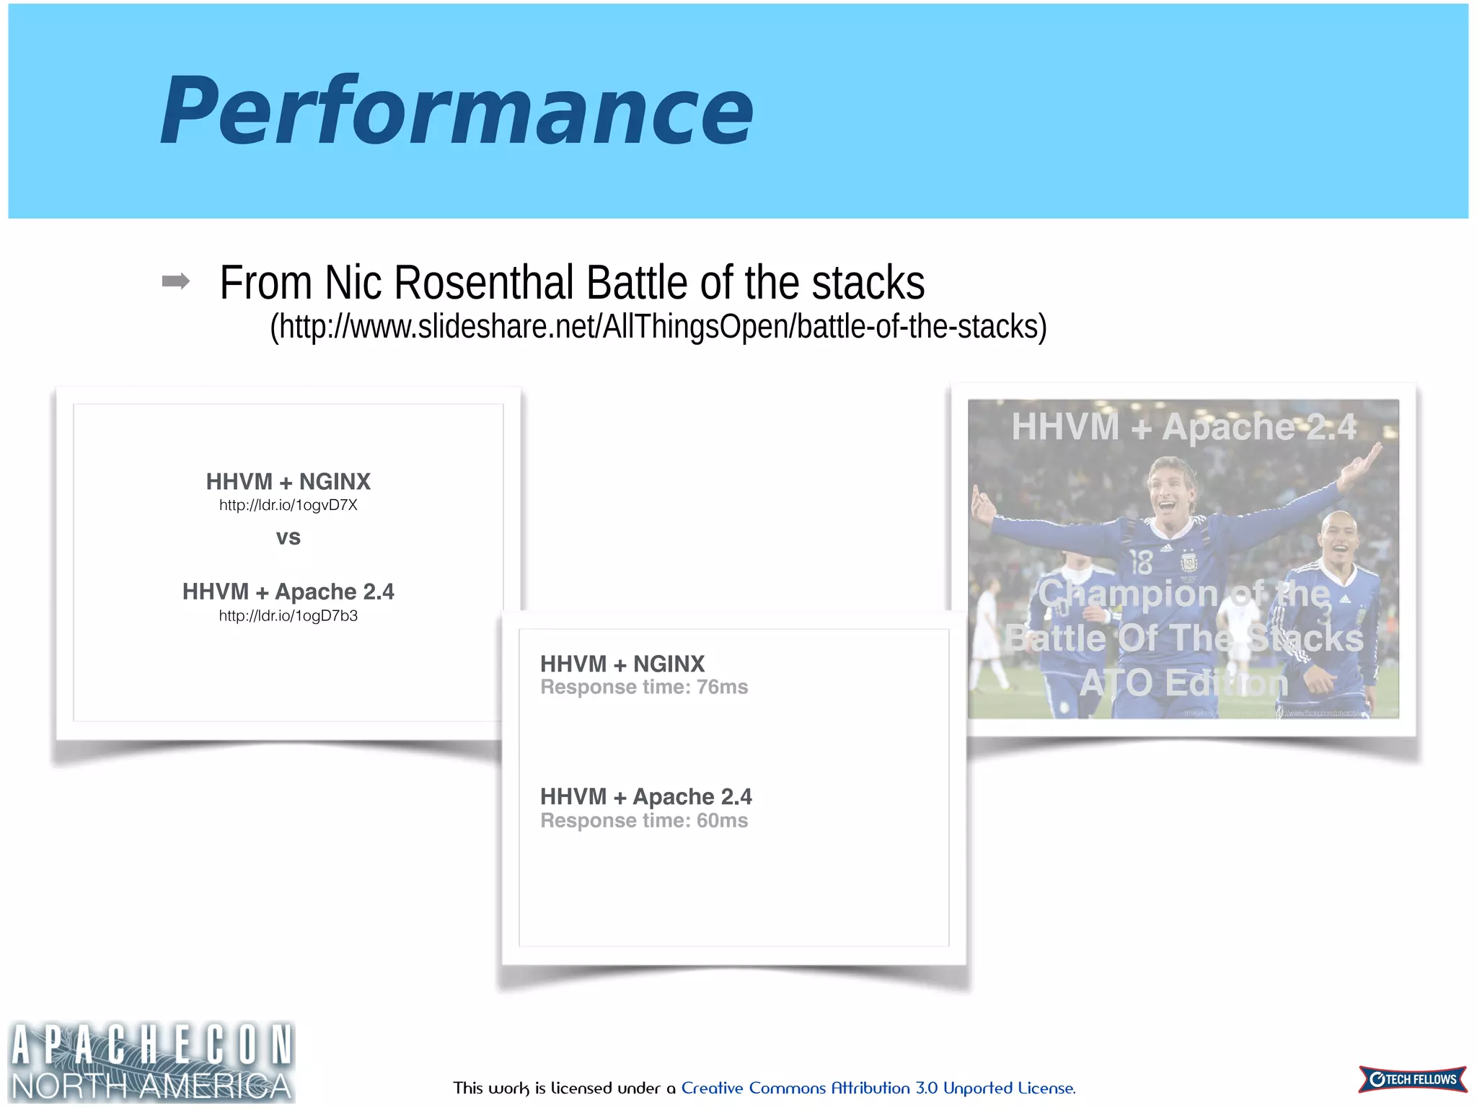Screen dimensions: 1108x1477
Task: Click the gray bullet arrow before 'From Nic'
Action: click(x=176, y=281)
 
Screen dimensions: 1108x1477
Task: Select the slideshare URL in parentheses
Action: click(x=658, y=327)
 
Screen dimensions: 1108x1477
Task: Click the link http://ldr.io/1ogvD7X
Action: click(x=288, y=505)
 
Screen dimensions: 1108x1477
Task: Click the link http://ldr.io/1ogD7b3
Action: click(x=288, y=616)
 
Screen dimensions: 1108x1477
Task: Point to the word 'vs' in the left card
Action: click(x=288, y=537)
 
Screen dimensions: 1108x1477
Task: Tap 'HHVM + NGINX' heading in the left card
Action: click(x=288, y=481)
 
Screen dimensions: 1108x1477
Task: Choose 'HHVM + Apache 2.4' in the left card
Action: click(x=288, y=592)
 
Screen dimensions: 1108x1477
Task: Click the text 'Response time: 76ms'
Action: click(x=644, y=687)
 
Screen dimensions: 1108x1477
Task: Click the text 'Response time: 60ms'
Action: click(x=644, y=820)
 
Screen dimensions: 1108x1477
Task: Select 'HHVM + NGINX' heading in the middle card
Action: click(x=622, y=664)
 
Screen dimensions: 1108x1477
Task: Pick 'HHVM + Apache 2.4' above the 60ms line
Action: click(x=645, y=796)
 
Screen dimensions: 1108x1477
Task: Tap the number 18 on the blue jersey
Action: click(x=1142, y=562)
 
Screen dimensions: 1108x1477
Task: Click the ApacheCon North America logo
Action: click(x=151, y=1062)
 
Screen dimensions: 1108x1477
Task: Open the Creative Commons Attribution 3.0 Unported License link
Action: click(x=878, y=1088)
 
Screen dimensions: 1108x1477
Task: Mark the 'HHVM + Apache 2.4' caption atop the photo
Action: click(x=1183, y=426)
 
